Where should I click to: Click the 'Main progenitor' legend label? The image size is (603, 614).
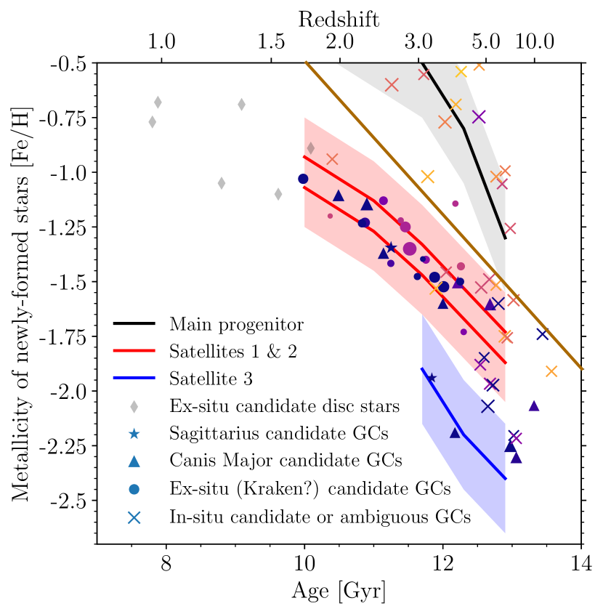(236, 323)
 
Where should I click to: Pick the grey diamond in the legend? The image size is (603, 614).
(134, 405)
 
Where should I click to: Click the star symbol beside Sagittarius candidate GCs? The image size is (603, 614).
(134, 433)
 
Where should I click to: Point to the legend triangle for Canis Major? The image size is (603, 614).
(134, 461)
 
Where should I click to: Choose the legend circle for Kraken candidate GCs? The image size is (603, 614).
(134, 488)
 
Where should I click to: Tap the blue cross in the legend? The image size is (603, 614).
(134, 517)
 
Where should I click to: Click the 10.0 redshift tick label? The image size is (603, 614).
(535, 41)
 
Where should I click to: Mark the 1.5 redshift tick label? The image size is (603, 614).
(271, 41)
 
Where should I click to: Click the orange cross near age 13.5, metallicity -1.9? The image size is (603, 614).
(551, 371)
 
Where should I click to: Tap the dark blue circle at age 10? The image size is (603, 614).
(304, 179)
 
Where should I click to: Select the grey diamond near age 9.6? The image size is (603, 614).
(278, 194)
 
